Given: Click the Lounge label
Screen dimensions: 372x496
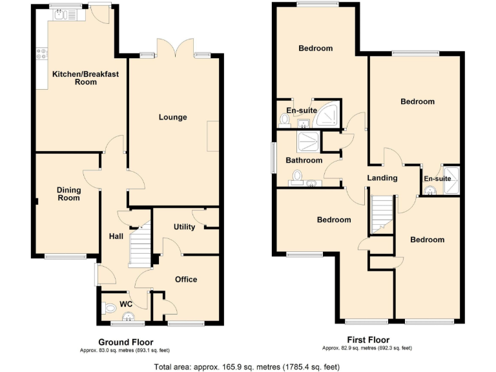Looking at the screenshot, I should [173, 117].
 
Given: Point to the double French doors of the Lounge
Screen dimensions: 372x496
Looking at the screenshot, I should [174, 48].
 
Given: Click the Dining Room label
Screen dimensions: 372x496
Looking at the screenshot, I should [68, 193].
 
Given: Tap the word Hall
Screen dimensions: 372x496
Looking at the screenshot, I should [116, 237].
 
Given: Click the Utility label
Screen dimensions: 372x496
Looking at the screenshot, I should [184, 227].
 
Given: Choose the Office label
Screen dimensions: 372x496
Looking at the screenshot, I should [186, 279].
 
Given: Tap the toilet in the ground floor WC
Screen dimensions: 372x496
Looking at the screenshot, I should [110, 307].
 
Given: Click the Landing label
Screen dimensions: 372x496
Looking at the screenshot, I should [382, 178].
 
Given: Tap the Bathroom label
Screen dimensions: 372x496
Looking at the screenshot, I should [304, 160].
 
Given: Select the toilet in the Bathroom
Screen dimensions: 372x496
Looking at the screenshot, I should [298, 176].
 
